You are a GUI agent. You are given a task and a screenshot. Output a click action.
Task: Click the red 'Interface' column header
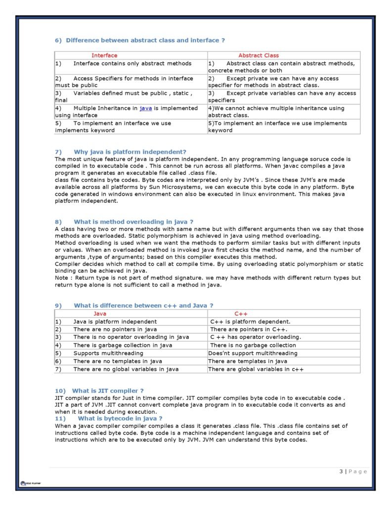104,55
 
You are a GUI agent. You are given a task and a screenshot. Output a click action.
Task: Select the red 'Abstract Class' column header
259,55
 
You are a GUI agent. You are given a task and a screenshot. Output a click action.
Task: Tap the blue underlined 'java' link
145,108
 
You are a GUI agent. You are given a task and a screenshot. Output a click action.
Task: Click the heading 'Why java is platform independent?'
130,152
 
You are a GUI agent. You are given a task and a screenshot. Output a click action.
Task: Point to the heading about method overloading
133,222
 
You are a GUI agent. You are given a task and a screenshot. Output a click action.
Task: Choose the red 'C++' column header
241,314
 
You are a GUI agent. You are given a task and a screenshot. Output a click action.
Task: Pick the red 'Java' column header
100,314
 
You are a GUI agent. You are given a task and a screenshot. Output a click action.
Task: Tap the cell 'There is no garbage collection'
253,345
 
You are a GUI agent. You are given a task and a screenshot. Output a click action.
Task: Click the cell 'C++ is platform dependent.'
250,322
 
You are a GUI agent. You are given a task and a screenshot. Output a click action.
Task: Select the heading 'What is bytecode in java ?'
120,419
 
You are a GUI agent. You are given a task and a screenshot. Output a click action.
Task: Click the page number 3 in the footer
341,471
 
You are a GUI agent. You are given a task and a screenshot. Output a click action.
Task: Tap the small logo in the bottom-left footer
30,483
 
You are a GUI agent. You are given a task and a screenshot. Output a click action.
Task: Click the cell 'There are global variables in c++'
256,369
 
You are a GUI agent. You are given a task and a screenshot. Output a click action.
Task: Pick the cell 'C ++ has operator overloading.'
255,337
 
